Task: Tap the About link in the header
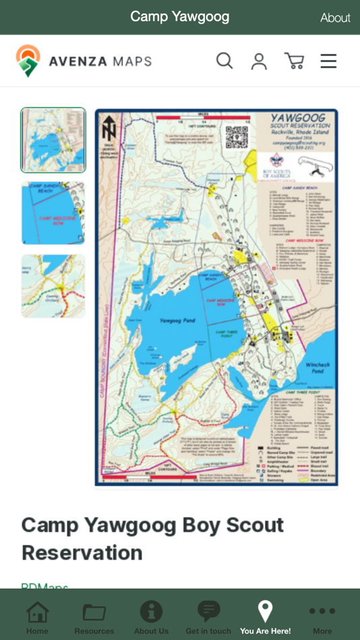[x=335, y=18]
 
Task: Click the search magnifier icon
[x=224, y=61]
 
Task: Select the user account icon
[x=259, y=61]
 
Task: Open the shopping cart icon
[x=295, y=61]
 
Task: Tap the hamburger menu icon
[x=328, y=61]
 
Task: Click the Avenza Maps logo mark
[x=28, y=61]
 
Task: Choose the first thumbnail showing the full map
[x=53, y=140]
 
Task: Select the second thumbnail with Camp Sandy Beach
[x=53, y=213]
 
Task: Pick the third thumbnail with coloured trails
[x=53, y=286]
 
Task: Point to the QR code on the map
[x=237, y=137]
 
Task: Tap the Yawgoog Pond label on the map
[x=177, y=321]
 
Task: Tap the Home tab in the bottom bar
[x=37, y=616]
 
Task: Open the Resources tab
[x=94, y=616]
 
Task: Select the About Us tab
[x=151, y=616]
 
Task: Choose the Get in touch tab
[x=208, y=616]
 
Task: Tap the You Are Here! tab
[x=265, y=616]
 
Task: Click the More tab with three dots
[x=322, y=616]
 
